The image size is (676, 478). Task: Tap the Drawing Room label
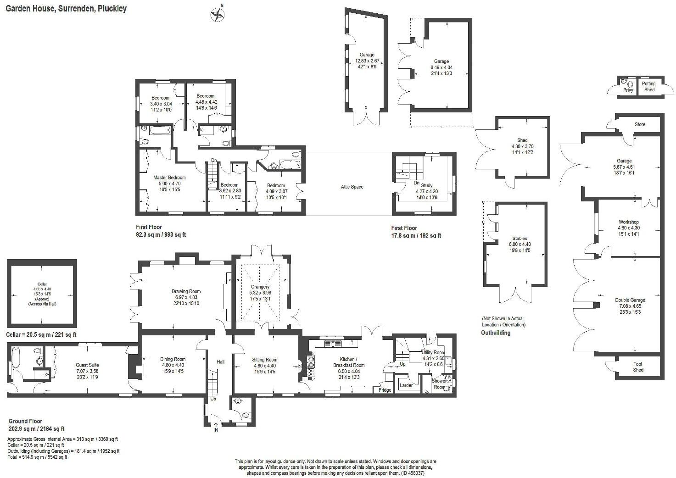click(x=186, y=291)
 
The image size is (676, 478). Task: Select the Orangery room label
click(x=260, y=287)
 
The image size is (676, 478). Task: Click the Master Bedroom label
click(x=169, y=178)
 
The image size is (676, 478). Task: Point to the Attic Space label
click(x=352, y=187)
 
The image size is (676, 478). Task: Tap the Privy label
click(x=628, y=90)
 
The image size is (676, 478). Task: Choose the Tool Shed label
click(x=638, y=367)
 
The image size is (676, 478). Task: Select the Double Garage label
click(x=630, y=300)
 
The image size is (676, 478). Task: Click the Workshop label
click(x=628, y=222)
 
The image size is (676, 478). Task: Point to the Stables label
click(x=520, y=239)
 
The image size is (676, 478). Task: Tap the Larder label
click(x=406, y=385)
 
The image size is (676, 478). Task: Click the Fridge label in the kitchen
click(x=385, y=390)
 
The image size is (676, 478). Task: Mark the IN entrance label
click(x=216, y=430)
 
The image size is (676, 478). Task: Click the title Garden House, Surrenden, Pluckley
click(x=66, y=8)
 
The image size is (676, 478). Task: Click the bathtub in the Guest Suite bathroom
click(x=15, y=358)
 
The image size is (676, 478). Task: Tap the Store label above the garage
click(x=640, y=124)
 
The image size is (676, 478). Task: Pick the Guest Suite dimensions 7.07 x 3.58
click(x=87, y=371)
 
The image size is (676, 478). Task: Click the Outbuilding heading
click(x=496, y=333)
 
